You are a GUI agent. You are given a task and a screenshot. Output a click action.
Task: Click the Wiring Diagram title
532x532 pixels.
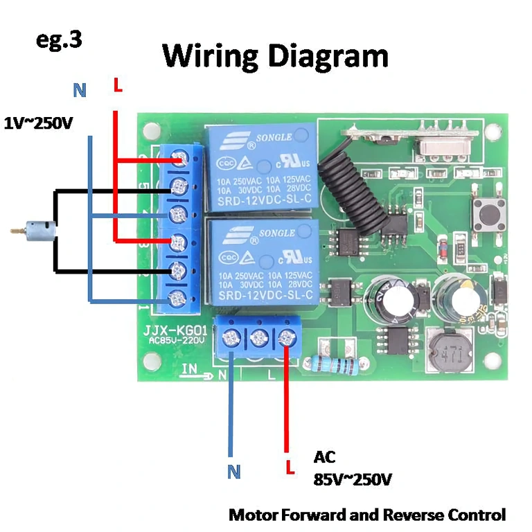point(275,55)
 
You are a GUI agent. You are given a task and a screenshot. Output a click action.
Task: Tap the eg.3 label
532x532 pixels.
point(59,39)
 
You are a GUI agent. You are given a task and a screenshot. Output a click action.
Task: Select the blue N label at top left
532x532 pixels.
point(80,90)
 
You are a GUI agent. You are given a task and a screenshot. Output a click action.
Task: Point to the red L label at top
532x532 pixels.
point(117,87)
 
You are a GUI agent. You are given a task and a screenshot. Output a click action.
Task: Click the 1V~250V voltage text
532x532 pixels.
point(38,123)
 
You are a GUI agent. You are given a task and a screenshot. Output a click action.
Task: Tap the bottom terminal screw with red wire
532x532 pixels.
point(285,338)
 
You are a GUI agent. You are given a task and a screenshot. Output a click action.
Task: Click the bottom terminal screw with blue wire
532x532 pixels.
point(231,339)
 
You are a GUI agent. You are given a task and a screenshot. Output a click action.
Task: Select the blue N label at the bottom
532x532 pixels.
point(233,472)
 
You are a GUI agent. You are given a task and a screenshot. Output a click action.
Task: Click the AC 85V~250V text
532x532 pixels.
point(353,468)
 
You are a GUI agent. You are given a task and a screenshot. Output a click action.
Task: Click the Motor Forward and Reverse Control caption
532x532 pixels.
point(367,515)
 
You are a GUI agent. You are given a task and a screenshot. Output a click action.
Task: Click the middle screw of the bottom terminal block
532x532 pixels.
point(258,339)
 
